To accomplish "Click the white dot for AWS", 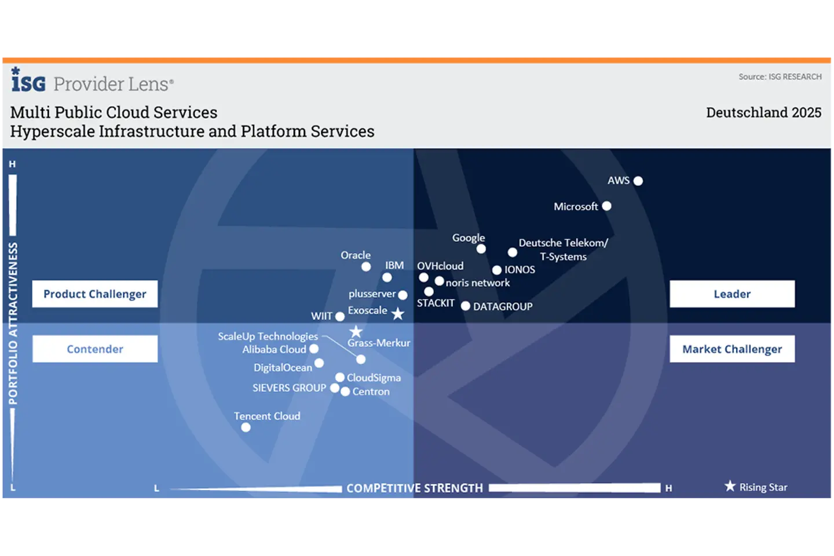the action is [x=638, y=181].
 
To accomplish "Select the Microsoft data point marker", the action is [x=606, y=206].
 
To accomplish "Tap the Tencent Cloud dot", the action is [x=246, y=427].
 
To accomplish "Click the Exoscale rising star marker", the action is [x=398, y=313].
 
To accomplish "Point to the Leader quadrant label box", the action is [x=732, y=294].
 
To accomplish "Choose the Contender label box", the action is [x=95, y=349].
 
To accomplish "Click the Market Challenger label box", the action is [x=732, y=349].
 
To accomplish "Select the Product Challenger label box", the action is [x=95, y=294].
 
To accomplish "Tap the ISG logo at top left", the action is [x=28, y=80].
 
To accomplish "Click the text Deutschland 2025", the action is [x=763, y=112].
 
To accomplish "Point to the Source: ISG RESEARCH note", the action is [x=780, y=76].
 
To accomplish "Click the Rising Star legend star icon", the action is [x=730, y=486].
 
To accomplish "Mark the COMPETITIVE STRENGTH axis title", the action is [x=415, y=488].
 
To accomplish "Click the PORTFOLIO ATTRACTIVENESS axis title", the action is [x=13, y=323].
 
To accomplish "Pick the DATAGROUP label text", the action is [x=503, y=306].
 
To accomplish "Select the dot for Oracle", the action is [x=366, y=266].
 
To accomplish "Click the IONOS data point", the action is [x=497, y=270].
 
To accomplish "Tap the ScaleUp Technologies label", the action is [x=268, y=336].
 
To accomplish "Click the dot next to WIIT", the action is [x=340, y=317].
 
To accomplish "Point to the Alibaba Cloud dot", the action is [x=314, y=349].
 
